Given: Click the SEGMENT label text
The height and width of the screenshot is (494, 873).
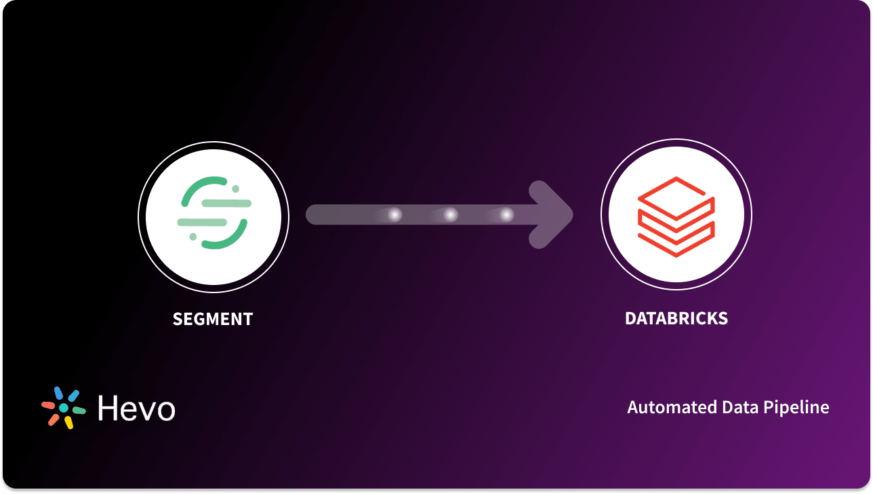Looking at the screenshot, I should (x=213, y=319).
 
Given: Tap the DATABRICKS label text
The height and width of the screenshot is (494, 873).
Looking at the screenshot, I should (x=676, y=319).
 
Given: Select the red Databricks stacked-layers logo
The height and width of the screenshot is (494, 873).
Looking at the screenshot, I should (x=676, y=216).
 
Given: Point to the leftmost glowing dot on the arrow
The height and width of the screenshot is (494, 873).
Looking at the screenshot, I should (x=394, y=215).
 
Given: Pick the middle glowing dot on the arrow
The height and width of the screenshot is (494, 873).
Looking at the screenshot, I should (x=451, y=215).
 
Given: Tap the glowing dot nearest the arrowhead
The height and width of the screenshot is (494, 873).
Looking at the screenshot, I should (x=506, y=215).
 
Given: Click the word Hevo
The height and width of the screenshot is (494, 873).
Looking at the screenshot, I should (x=136, y=408).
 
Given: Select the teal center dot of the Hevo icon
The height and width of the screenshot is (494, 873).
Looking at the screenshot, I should (x=64, y=408).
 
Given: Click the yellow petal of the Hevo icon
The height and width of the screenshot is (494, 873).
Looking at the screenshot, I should (x=68, y=422).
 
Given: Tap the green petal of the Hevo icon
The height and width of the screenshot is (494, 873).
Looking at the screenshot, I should (x=79, y=411).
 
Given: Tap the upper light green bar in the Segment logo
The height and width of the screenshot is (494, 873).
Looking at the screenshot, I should (x=227, y=203).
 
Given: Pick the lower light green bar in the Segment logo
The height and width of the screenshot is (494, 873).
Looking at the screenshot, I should (x=201, y=222).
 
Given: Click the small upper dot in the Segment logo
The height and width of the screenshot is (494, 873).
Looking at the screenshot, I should (x=235, y=189).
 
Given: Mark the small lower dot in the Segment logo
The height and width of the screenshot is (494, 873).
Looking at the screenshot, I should (x=193, y=236).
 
